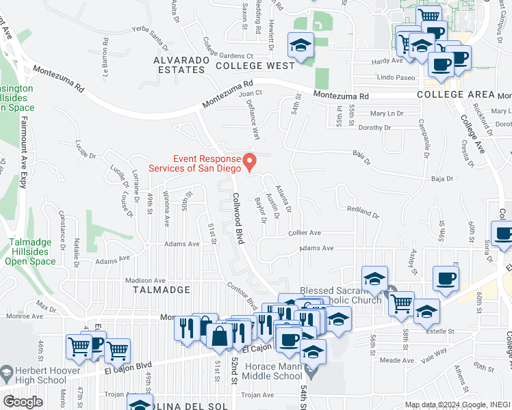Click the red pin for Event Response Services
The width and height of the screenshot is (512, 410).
[251, 161]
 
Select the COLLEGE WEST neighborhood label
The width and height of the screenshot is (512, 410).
[255, 66]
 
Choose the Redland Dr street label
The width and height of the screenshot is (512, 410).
[363, 212]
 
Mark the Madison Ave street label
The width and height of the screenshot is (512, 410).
[146, 280]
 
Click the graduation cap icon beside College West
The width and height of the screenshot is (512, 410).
[300, 46]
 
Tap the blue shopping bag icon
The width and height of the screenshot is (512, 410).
[219, 337]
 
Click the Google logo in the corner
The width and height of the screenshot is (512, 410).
[23, 401]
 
